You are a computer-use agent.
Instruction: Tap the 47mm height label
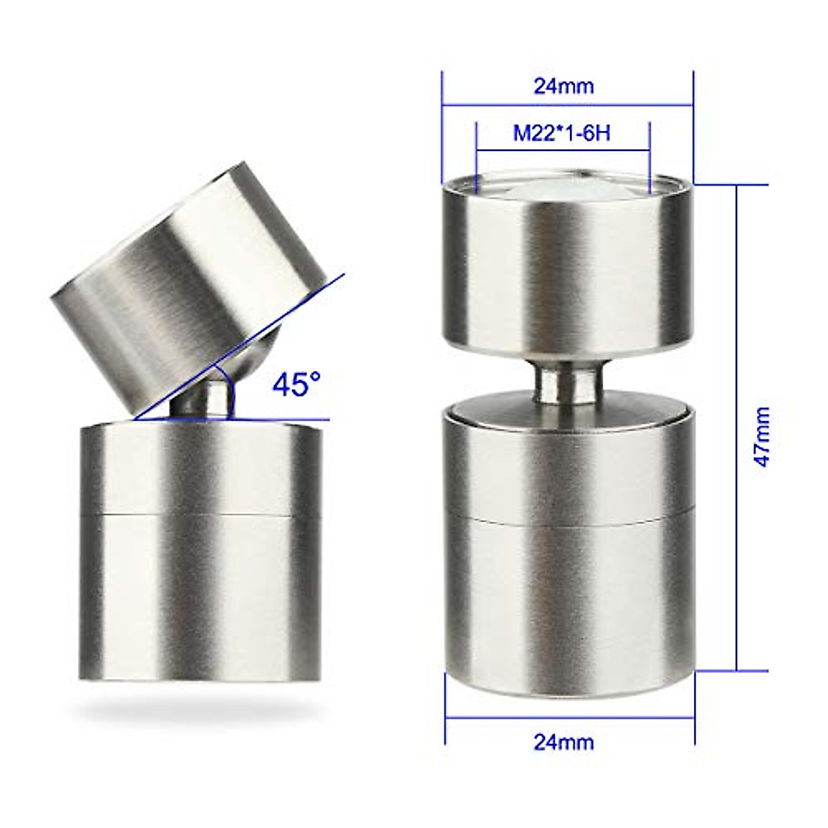coord(762,437)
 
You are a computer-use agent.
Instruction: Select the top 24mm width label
coord(564,86)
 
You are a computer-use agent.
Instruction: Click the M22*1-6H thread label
coord(562,132)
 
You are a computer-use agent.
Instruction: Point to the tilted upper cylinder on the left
coord(186,283)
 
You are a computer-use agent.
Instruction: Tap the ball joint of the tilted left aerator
coord(207,400)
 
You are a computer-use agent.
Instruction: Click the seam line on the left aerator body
coord(200,514)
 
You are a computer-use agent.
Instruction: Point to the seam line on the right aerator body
coord(567,516)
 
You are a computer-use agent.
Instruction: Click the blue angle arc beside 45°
coord(232,393)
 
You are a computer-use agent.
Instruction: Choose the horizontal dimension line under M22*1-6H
coord(562,150)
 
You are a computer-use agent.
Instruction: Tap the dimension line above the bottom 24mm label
coord(569,718)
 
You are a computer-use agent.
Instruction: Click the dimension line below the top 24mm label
coord(567,106)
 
